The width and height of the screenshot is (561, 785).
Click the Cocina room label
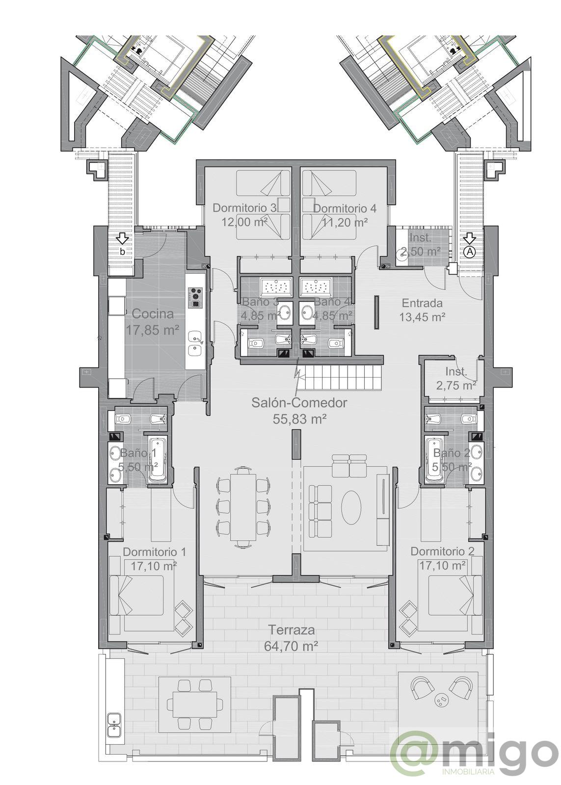click(153, 314)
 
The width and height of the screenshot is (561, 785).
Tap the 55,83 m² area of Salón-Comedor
click(299, 419)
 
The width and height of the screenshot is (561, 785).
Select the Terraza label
click(292, 630)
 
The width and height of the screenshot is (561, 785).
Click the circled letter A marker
click(470, 252)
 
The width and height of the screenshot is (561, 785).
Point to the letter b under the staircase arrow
click(122, 251)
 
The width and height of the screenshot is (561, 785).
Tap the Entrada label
click(422, 303)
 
